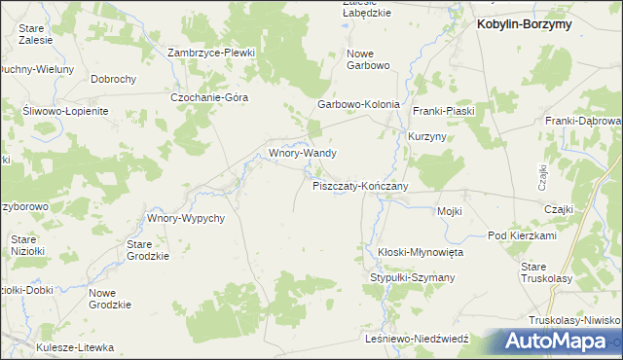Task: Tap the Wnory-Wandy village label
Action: point(303,154)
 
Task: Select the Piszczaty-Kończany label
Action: point(360,185)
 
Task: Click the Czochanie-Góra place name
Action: point(210,97)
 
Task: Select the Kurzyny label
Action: point(427,137)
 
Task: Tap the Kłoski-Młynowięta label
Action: point(421,252)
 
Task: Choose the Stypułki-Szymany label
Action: point(412,278)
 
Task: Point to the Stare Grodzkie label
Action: point(148,250)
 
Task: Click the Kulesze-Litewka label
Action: point(75,347)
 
